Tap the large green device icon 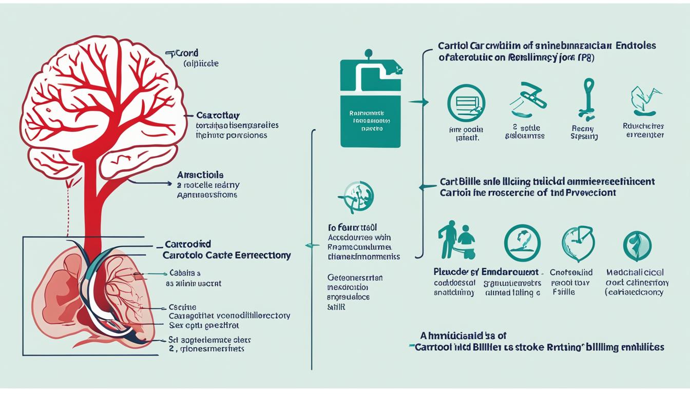point(369,103)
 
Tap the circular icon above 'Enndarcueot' point(522,243)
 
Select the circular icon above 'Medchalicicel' point(637,245)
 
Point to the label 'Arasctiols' point(200,175)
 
